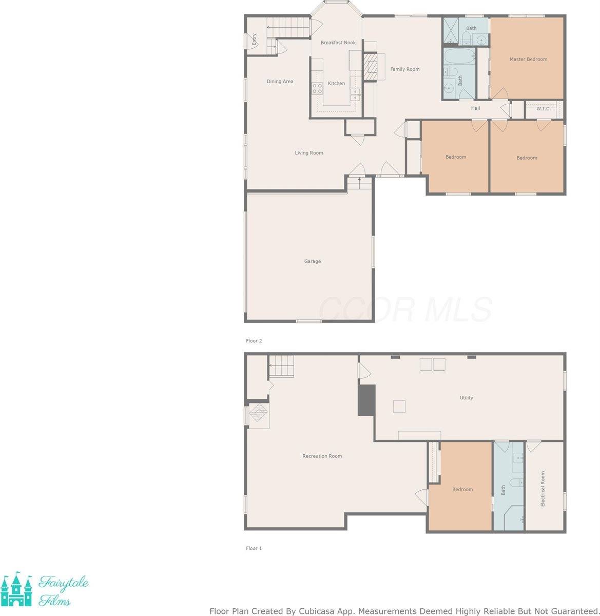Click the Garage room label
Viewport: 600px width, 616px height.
(x=312, y=261)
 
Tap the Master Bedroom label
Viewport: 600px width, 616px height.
(x=528, y=59)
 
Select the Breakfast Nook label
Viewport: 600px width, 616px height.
(x=338, y=43)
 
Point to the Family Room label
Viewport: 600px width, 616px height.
(x=404, y=69)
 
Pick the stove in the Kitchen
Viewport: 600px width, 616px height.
(x=317, y=88)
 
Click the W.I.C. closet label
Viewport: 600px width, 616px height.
(x=543, y=109)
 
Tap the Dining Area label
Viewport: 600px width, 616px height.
(x=280, y=82)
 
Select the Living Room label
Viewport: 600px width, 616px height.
(x=309, y=153)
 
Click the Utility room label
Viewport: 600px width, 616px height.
(x=466, y=398)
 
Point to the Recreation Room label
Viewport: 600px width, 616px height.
(x=322, y=456)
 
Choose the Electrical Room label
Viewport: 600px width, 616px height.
(x=543, y=489)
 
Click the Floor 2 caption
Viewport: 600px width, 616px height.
(x=254, y=341)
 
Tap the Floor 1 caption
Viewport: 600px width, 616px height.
(x=254, y=548)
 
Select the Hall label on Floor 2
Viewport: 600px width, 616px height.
(x=475, y=108)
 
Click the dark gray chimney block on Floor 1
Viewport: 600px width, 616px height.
(x=366, y=399)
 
